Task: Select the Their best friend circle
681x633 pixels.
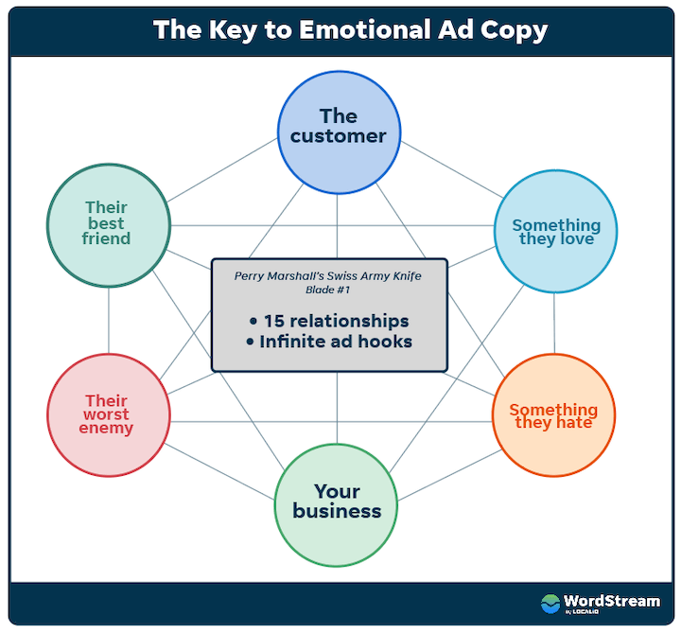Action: point(108,223)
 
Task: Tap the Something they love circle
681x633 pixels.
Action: point(556,231)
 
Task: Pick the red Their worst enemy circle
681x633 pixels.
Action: point(108,413)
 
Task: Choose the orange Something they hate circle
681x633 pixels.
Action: point(553,415)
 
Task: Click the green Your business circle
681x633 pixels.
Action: point(337,501)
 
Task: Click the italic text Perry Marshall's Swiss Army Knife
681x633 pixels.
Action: point(328,275)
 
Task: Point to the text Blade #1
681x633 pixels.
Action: point(328,290)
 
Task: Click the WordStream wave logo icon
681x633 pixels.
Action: point(550,603)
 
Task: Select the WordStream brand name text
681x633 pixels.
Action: point(611,600)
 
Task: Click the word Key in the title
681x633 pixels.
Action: point(236,29)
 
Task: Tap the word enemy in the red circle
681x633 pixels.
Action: point(108,429)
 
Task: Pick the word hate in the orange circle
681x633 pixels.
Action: point(574,423)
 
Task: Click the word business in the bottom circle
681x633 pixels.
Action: point(337,512)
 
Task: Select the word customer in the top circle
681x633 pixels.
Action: point(338,136)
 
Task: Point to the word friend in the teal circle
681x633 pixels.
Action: point(106,239)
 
